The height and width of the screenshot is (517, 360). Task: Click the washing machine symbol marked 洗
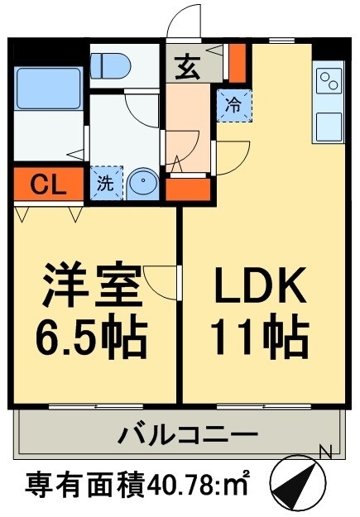coord(106,184)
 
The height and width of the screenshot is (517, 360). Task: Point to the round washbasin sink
coord(142,183)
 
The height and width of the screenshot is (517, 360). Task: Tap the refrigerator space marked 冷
coord(232,104)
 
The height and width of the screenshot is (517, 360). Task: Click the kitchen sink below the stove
coord(329,125)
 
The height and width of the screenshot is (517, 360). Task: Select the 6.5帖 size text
coord(93,337)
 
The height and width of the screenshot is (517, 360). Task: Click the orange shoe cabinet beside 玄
coord(238,59)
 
